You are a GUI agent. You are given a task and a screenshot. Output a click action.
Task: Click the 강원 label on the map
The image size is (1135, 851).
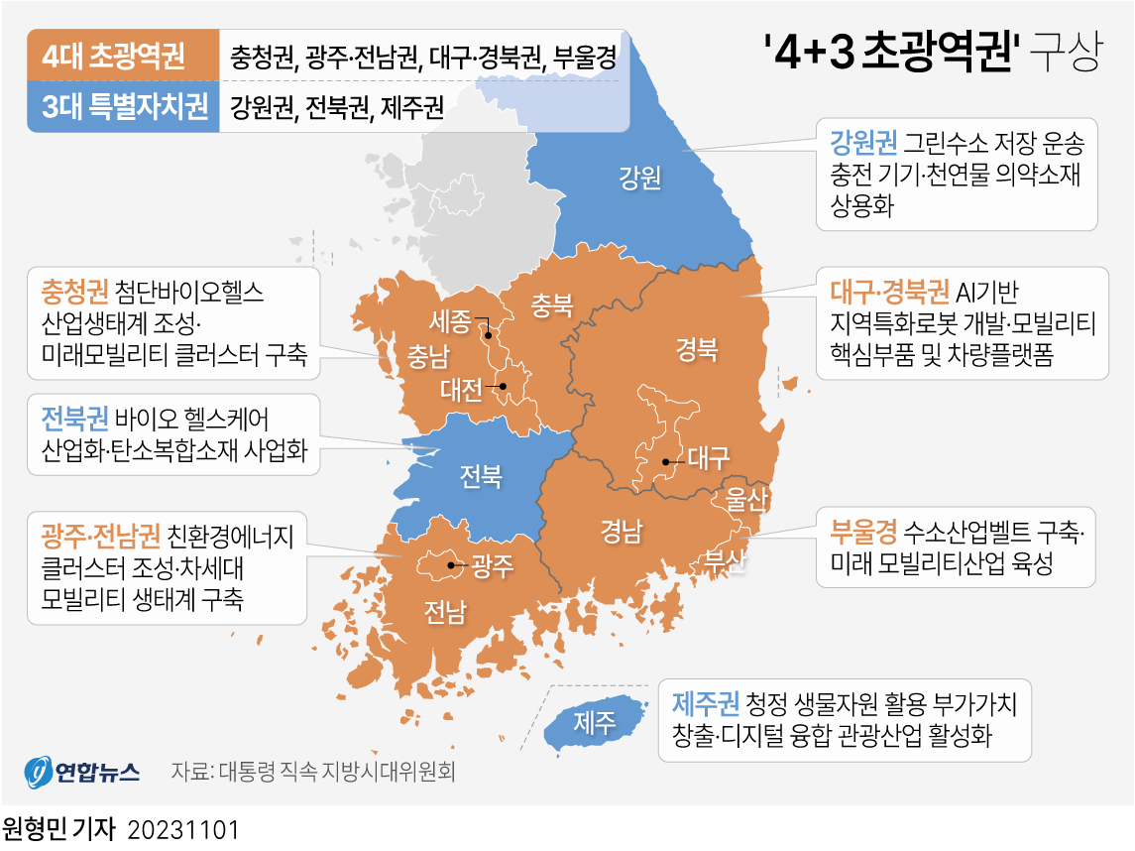click(639, 179)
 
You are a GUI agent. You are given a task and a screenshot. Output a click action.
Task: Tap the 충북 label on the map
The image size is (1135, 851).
click(552, 304)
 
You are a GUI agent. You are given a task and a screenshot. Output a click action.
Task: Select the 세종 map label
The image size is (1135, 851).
click(451, 321)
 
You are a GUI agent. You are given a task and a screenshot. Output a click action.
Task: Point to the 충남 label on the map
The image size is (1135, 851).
click(428, 355)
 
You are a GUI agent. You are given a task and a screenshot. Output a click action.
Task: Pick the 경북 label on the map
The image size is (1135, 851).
click(697, 349)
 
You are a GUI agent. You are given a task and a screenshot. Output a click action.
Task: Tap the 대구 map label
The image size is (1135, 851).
click(709, 458)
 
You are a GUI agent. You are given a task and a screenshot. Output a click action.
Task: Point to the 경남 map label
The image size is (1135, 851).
click(621, 533)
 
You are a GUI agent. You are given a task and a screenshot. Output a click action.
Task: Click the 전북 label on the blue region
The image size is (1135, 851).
click(481, 476)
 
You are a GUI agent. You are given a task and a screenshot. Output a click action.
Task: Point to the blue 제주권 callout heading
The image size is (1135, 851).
click(705, 703)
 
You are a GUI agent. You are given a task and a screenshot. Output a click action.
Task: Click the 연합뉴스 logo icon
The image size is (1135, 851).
click(39, 772)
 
